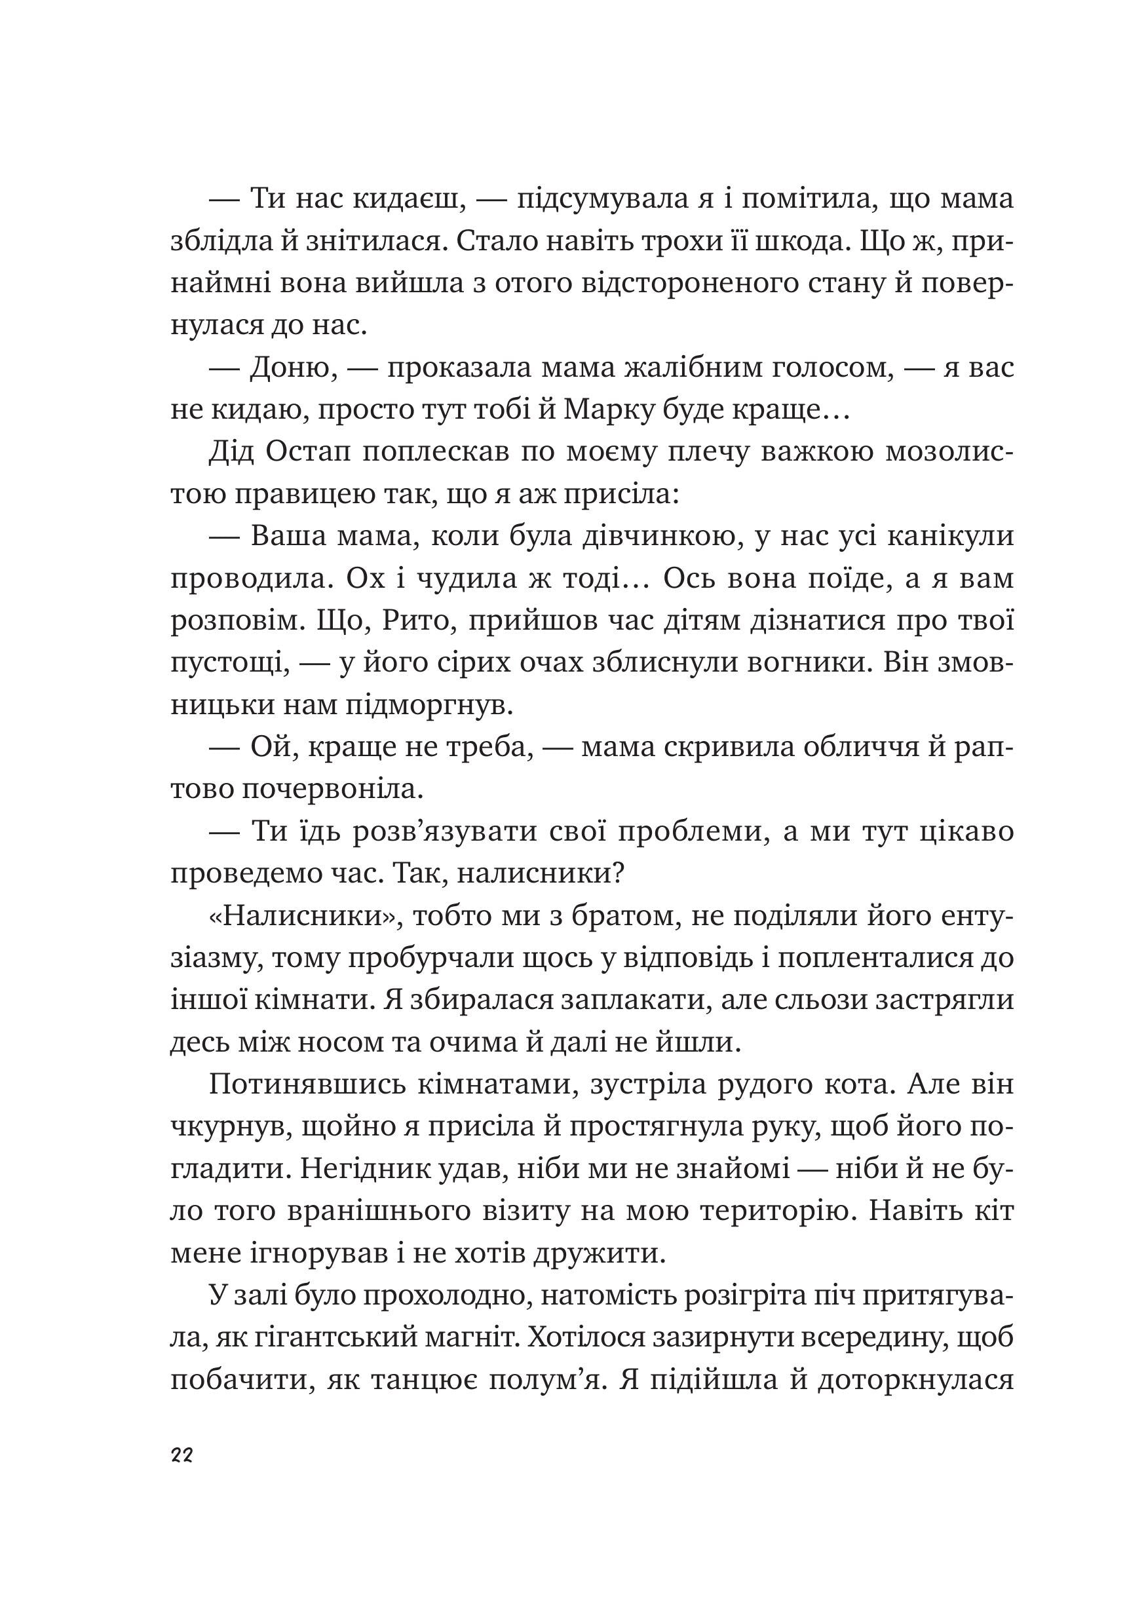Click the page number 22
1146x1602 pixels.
coord(181,1455)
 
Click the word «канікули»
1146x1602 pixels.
coord(950,537)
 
